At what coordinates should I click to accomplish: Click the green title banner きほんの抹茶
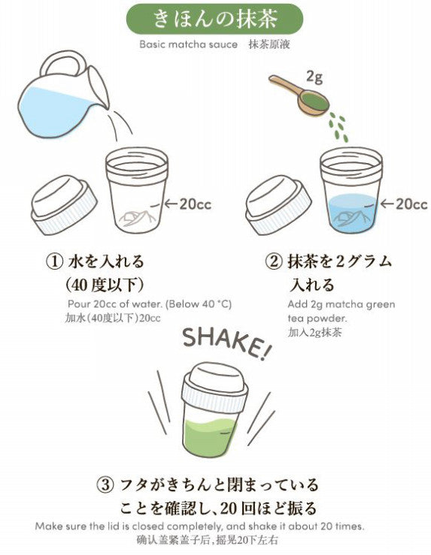[x=215, y=19]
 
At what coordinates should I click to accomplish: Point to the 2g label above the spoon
[x=314, y=77]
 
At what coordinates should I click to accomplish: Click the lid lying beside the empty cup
[x=64, y=204]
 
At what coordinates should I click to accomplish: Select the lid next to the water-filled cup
[x=278, y=204]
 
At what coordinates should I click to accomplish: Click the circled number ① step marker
[x=55, y=262]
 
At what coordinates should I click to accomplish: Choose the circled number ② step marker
[x=274, y=262]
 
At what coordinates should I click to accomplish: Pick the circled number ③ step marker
[x=105, y=484]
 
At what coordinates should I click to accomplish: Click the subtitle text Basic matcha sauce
[x=189, y=44]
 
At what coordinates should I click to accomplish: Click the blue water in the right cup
[x=353, y=213]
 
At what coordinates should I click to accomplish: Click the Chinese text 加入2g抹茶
[x=314, y=333]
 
